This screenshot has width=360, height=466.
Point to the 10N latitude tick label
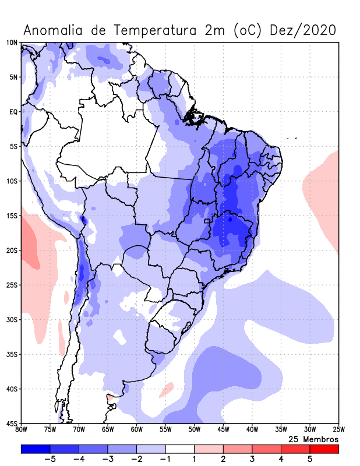(x=12, y=43)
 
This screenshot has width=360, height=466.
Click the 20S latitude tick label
(x=12, y=250)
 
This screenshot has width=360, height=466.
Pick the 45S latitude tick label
(x=12, y=423)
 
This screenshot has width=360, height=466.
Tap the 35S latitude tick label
(x=12, y=354)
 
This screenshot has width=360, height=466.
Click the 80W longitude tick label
(x=22, y=430)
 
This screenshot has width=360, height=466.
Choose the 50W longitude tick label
(x=195, y=430)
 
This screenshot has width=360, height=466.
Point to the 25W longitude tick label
(x=338, y=430)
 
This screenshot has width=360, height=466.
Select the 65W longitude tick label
(x=108, y=430)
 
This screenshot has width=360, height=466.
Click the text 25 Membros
(x=313, y=439)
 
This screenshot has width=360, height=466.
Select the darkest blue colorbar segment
(x=36, y=449)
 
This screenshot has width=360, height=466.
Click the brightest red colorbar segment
(x=324, y=449)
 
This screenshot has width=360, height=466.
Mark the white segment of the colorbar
(x=180, y=449)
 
